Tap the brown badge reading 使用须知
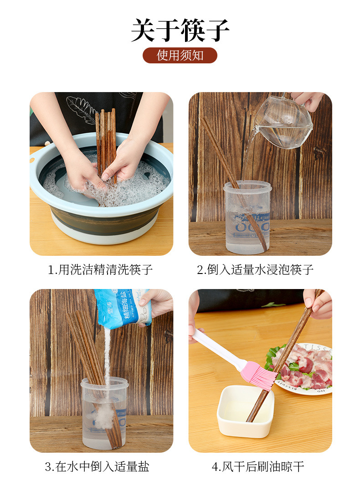[180, 55]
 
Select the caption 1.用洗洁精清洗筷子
[101, 270]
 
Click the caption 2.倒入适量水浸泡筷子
[255, 270]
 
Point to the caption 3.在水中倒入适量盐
[97, 466]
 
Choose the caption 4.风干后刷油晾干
[258, 466]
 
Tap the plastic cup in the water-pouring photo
[247, 218]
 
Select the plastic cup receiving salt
[104, 413]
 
